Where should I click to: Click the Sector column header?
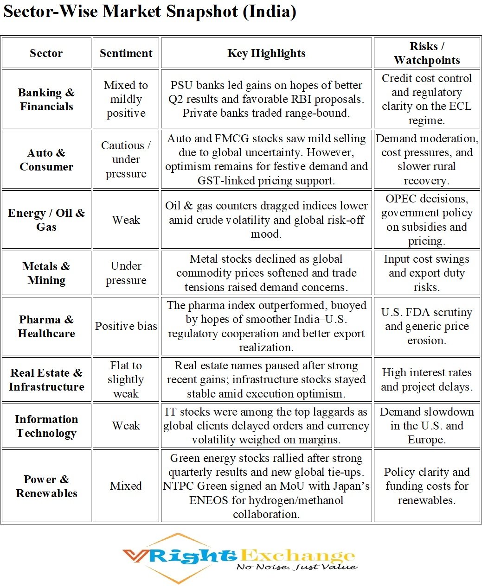pyautogui.click(x=46, y=53)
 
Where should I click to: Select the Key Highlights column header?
pyautogui.click(x=266, y=53)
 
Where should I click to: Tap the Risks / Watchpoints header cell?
pyautogui.click(x=427, y=53)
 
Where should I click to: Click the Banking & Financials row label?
pyautogui.click(x=46, y=99)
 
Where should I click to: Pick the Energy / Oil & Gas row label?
pyautogui.click(x=46, y=220)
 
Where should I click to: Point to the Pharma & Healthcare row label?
pyautogui.click(x=46, y=326)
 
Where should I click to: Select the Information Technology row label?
pyautogui.click(x=46, y=426)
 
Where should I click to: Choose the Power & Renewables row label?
pyautogui.click(x=46, y=486)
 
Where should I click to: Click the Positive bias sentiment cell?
pyautogui.click(x=126, y=326)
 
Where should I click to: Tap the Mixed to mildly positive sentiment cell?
pyautogui.click(x=126, y=99)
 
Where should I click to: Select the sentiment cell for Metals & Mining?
pyautogui.click(x=126, y=273)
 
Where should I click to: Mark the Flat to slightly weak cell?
pyautogui.click(x=126, y=379)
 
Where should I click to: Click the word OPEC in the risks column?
pyautogui.click(x=401, y=199)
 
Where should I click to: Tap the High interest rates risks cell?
pyautogui.click(x=427, y=379)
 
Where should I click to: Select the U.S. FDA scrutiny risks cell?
pyautogui.click(x=427, y=326)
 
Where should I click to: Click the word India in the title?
pyautogui.click(x=270, y=11)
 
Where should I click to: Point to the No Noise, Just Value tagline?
pyautogui.click(x=297, y=567)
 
